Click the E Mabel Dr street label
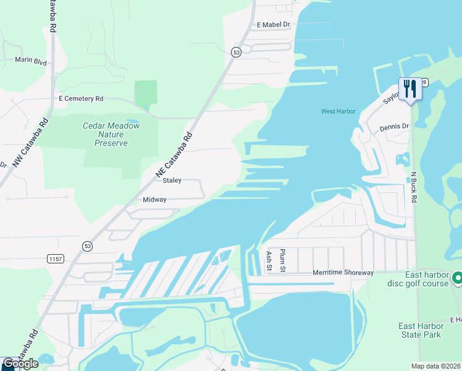click(273, 25)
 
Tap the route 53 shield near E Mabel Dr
click(237, 53)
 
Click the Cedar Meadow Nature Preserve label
click(111, 134)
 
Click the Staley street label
click(172, 181)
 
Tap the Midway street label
click(155, 200)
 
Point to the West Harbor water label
click(338, 111)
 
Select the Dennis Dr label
click(394, 127)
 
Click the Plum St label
click(282, 260)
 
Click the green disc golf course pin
click(457, 278)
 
